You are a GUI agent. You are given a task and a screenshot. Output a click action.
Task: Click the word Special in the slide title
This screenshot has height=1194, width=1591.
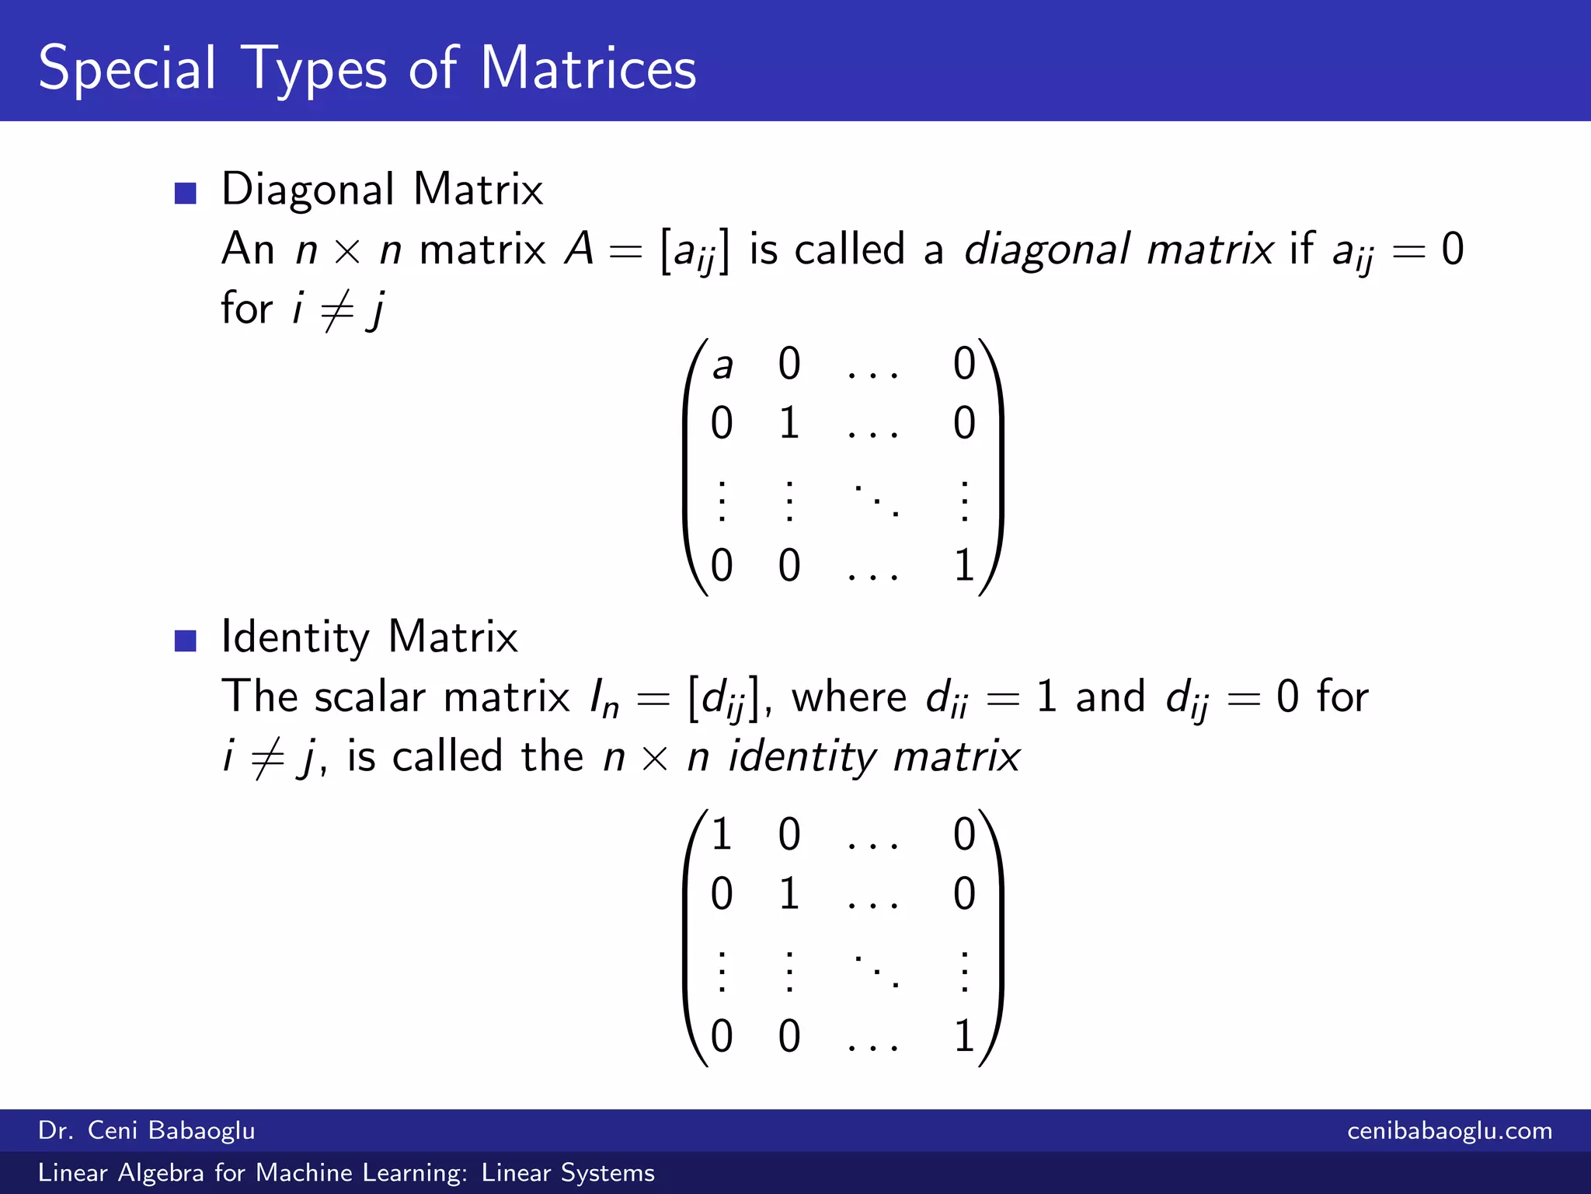[x=127, y=68]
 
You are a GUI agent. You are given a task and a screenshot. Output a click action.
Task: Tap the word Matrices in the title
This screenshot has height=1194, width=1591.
[x=588, y=68]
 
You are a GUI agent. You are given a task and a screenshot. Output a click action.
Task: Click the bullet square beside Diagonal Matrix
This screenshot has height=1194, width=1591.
[x=185, y=192]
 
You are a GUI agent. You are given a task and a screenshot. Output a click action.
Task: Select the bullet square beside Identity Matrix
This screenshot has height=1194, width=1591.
[x=185, y=640]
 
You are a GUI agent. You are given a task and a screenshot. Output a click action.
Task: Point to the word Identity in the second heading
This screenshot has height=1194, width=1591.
[x=295, y=637]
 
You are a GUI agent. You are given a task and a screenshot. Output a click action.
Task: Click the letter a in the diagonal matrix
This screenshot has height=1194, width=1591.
[x=722, y=365]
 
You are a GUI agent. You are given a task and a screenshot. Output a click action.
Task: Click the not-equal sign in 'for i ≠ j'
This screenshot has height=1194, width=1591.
[x=337, y=309]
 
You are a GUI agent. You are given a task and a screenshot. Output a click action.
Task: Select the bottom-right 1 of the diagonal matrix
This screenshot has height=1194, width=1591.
[x=964, y=565]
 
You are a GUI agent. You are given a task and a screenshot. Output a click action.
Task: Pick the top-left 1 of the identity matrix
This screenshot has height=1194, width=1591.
[x=722, y=835]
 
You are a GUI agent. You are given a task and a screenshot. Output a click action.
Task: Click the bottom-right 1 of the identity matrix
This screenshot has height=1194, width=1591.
[x=964, y=1036]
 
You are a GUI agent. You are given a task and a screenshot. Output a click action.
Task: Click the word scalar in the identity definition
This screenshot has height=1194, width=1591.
[x=370, y=697]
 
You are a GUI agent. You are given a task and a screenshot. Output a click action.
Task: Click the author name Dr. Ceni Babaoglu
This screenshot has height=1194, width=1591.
[x=147, y=1130]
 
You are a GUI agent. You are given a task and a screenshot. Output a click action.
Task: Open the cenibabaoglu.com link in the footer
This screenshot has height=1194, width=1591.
[x=1450, y=1130]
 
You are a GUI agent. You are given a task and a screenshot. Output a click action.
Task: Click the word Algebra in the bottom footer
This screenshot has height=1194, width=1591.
[x=161, y=1172]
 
